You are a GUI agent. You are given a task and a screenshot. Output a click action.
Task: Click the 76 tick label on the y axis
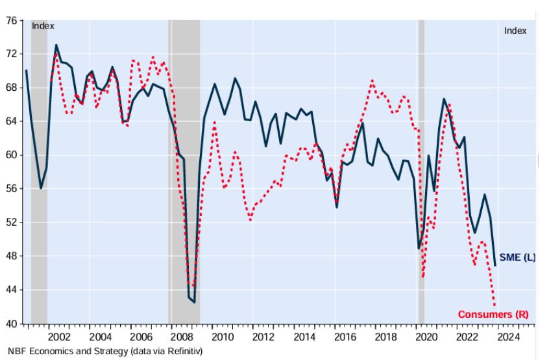[10, 20]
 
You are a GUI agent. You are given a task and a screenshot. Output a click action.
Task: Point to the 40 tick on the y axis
[10, 323]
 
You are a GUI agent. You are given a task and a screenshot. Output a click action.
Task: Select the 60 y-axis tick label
[10, 155]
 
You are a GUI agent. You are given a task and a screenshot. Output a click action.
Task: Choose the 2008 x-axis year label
[182, 337]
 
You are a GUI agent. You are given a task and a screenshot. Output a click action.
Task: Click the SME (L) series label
[517, 258]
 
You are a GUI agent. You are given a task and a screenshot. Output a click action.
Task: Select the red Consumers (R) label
[493, 315]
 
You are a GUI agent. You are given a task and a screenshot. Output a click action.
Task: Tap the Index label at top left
[43, 27]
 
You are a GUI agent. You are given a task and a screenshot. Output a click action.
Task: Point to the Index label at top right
[515, 30]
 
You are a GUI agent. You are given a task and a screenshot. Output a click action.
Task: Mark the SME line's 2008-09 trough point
[194, 302]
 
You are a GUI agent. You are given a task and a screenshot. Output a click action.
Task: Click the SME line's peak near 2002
[56, 45]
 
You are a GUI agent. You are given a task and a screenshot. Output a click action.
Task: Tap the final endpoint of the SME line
[495, 265]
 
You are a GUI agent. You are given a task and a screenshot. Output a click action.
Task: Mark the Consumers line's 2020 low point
[422, 278]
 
